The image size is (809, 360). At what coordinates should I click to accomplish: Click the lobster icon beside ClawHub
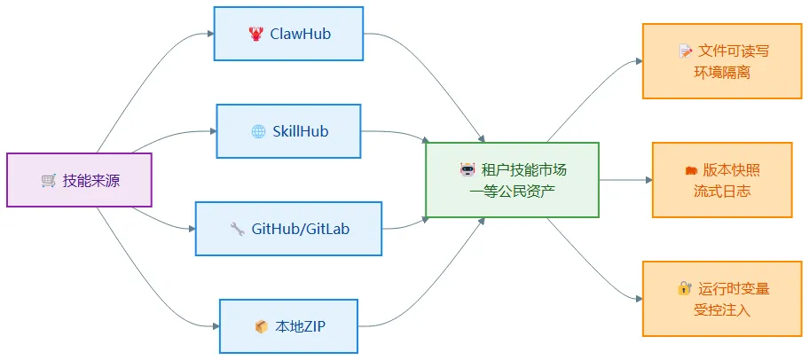pyautogui.click(x=255, y=34)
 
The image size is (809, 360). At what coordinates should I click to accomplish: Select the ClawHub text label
pyautogui.click(x=301, y=34)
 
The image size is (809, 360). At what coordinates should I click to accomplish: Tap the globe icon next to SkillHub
pyautogui.click(x=258, y=131)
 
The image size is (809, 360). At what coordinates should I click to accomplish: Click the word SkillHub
pyautogui.click(x=301, y=131)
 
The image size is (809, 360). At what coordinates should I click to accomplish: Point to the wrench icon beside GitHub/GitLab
pyautogui.click(x=238, y=229)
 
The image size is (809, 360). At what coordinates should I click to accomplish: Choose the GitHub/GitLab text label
pyautogui.click(x=301, y=229)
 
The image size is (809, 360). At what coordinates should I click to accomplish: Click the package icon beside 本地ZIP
pyautogui.click(x=262, y=327)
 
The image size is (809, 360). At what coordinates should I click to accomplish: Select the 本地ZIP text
pyautogui.click(x=301, y=326)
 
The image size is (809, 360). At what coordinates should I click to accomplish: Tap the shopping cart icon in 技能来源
pyautogui.click(x=49, y=181)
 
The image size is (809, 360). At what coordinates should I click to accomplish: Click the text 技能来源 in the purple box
pyautogui.click(x=91, y=181)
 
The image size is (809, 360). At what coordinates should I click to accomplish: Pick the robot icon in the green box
pyautogui.click(x=467, y=169)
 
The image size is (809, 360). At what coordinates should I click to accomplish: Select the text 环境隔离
pyautogui.click(x=722, y=72)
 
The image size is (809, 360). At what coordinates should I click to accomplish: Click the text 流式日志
pyautogui.click(x=722, y=192)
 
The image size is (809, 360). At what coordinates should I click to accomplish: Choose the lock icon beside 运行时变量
pyautogui.click(x=684, y=288)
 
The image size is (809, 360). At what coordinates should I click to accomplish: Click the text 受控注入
pyautogui.click(x=722, y=310)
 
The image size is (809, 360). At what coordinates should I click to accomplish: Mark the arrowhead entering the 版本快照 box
pyautogui.click(x=649, y=180)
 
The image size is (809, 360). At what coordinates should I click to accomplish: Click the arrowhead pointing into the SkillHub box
pyautogui.click(x=213, y=131)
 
